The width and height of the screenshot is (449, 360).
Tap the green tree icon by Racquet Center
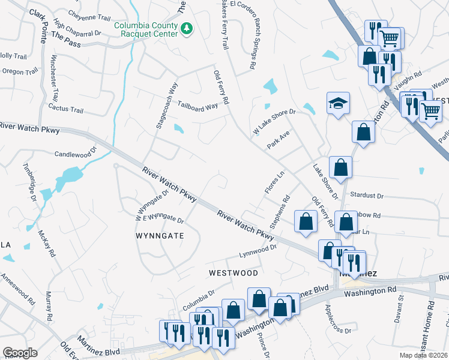(187, 28)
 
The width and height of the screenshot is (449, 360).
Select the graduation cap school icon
(339, 104)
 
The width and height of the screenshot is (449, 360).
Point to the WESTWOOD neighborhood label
(233, 272)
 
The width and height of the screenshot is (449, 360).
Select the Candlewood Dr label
(75, 154)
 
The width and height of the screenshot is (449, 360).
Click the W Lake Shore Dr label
(274, 121)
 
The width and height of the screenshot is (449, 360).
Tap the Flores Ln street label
(273, 183)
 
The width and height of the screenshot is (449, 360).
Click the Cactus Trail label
(67, 110)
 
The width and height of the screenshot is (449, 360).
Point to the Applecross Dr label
(337, 320)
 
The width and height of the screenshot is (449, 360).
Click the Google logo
(20, 353)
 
